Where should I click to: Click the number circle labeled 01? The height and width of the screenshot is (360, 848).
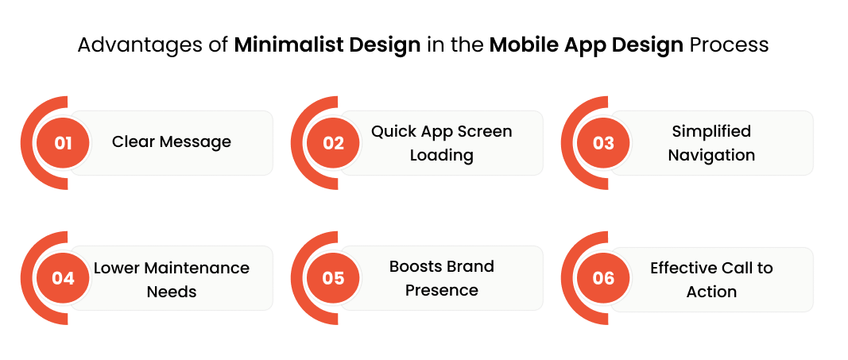(x=63, y=143)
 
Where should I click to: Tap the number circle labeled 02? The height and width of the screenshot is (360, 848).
(x=333, y=143)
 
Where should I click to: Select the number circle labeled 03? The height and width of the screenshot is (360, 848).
(x=603, y=143)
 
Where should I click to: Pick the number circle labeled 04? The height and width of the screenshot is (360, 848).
(x=63, y=278)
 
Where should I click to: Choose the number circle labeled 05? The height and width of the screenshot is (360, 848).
(x=333, y=278)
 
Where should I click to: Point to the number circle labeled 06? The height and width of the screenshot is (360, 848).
(x=603, y=278)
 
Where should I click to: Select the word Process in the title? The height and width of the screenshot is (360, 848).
(x=729, y=45)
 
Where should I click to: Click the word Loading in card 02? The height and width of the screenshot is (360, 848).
(x=441, y=155)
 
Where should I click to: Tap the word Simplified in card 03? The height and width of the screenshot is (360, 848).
(x=711, y=131)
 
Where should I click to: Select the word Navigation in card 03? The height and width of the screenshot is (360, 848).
(x=711, y=155)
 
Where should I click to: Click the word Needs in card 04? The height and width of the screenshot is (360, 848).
(x=172, y=292)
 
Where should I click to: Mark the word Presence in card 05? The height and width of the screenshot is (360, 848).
(x=441, y=290)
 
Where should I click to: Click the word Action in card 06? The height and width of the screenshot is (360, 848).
(x=711, y=292)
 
